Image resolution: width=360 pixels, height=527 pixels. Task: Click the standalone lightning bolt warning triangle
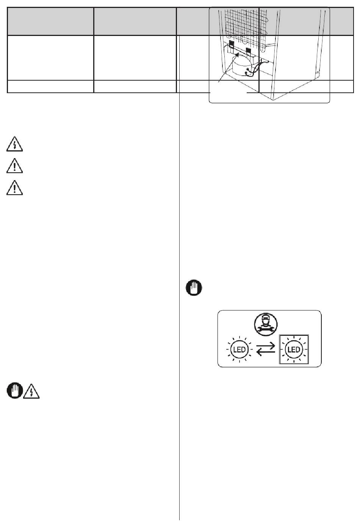15,144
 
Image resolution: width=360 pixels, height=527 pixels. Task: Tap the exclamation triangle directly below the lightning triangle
15,166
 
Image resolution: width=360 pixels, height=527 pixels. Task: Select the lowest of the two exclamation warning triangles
15,188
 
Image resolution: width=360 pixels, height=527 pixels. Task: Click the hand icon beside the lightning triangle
15,391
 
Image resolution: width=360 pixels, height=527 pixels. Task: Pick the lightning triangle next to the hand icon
31,391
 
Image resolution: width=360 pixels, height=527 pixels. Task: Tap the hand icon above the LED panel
194,287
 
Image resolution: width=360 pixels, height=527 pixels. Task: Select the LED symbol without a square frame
239,349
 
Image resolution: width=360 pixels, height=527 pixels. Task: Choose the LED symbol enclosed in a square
294,349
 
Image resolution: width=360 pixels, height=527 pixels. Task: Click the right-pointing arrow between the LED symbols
266,346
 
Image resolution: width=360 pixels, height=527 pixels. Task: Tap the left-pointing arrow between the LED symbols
266,352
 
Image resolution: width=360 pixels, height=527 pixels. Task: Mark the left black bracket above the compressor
232,44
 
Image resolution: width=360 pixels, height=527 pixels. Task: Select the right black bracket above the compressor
248,51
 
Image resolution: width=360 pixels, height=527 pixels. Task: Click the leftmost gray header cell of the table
50,21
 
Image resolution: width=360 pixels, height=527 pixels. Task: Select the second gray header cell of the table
135,21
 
